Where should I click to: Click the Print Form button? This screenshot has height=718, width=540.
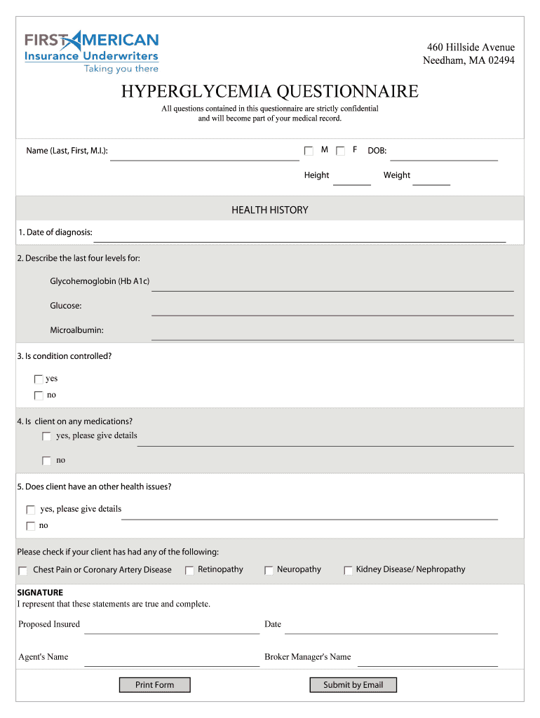click(x=154, y=685)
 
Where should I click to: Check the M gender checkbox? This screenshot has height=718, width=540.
click(x=309, y=151)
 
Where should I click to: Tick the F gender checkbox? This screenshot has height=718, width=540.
click(x=341, y=151)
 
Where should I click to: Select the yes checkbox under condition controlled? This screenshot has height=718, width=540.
click(x=39, y=379)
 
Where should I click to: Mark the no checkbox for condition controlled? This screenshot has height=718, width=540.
click(x=39, y=395)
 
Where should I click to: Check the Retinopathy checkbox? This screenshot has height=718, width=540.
click(x=189, y=571)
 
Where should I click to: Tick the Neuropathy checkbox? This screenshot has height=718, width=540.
click(x=269, y=571)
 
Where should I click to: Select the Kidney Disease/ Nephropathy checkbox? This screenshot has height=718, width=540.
click(x=348, y=571)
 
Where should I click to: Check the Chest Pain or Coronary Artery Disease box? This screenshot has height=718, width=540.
click(x=23, y=571)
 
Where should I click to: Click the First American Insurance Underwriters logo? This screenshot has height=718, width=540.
click(x=92, y=50)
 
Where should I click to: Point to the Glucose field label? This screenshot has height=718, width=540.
click(x=66, y=306)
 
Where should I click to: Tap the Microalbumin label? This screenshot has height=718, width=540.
click(x=76, y=330)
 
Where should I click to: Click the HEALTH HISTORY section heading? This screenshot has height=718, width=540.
click(x=270, y=210)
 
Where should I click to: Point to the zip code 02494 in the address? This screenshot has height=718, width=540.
click(x=499, y=60)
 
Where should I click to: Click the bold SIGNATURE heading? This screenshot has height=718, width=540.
click(x=40, y=592)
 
